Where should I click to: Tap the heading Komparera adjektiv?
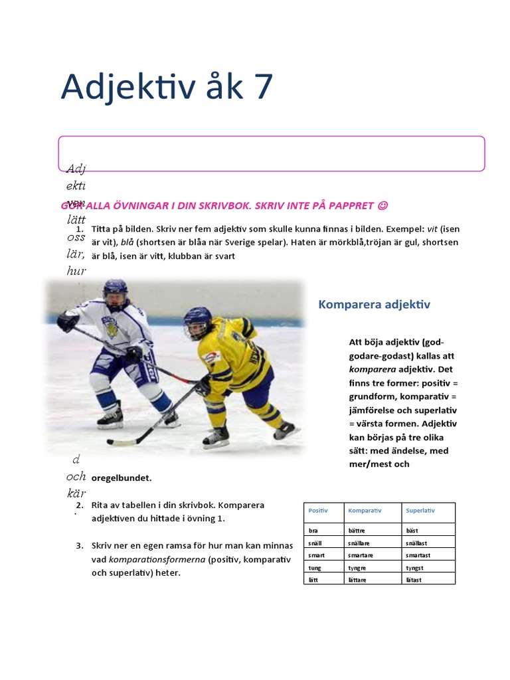pyautogui.click(x=375, y=304)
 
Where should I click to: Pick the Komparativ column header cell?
pyautogui.click(x=365, y=511)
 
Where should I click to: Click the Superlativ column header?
pyautogui.click(x=422, y=511)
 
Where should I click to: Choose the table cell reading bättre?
pyautogui.click(x=357, y=531)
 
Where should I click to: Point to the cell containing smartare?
pyautogui.click(x=361, y=555)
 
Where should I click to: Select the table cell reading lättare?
pyautogui.click(x=357, y=580)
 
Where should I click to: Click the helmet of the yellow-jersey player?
pyautogui.click(x=197, y=321)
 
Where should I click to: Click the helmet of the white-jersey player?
pyautogui.click(x=116, y=291)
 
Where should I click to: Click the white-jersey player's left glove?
pyautogui.click(x=67, y=323)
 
